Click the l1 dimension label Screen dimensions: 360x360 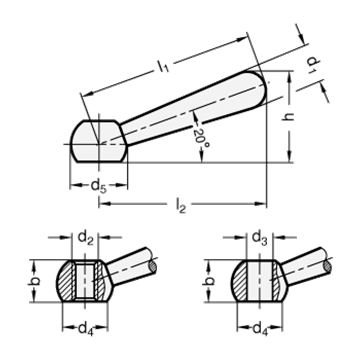[x=163, y=67]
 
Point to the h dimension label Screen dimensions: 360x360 [x=288, y=116]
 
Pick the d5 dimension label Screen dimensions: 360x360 [x=99, y=186]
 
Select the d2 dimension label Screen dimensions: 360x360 [x=86, y=238]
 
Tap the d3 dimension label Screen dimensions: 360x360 [x=260, y=238]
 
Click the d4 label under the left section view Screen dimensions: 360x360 [x=86, y=330]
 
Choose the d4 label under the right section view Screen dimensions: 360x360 [x=260, y=330]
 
